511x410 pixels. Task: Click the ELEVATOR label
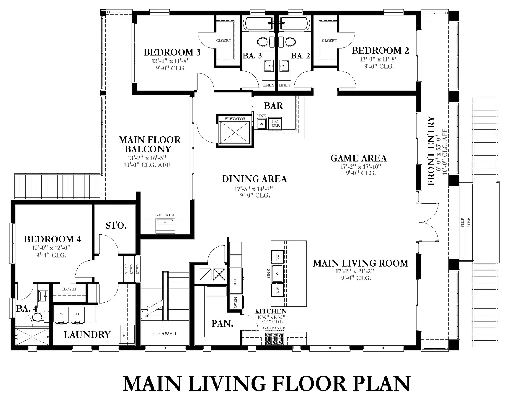[235, 119]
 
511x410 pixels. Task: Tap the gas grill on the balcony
[165, 226]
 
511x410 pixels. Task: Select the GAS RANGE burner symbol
[274, 338]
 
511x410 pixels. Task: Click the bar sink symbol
[261, 124]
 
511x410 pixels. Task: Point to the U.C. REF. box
[275, 124]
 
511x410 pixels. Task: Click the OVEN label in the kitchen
[236, 302]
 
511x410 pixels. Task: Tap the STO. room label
[116, 226]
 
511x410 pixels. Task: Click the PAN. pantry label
[222, 323]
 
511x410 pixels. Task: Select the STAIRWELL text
[164, 334]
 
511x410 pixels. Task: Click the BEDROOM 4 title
[53, 239]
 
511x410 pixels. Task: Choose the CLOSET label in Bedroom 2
[330, 41]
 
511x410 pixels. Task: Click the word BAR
[273, 106]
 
